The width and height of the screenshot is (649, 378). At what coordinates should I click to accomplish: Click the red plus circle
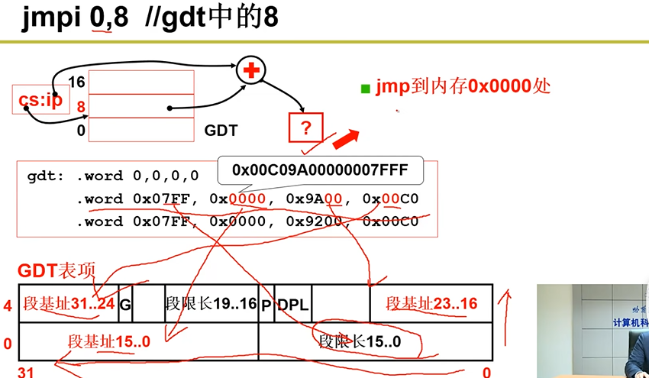point(250,70)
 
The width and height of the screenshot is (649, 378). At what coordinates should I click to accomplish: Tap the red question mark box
point(306,128)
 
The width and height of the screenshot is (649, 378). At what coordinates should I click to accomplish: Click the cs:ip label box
point(40,101)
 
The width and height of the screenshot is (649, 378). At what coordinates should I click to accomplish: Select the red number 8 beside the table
point(80,106)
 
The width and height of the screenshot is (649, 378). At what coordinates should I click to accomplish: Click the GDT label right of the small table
point(221,131)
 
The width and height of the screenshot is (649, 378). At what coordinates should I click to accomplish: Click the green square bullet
point(366,89)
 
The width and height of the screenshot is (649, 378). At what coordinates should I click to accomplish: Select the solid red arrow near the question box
point(345,140)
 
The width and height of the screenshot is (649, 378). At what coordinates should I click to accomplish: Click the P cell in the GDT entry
point(266,305)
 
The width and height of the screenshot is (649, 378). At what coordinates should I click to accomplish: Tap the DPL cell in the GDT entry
point(293,305)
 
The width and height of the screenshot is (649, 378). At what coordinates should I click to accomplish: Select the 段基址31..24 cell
point(69,304)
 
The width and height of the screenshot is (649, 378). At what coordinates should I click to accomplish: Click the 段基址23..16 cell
point(431,304)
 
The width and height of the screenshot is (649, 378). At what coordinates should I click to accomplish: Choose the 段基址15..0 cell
point(109,341)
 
